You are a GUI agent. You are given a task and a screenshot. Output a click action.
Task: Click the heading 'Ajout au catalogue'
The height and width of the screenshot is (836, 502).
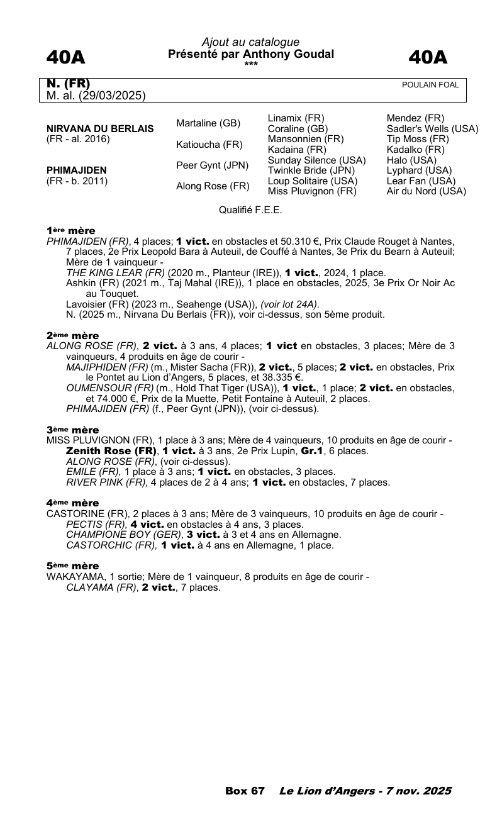click(250, 42)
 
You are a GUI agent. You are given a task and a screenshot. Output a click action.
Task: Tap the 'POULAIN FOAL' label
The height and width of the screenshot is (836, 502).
click(430, 85)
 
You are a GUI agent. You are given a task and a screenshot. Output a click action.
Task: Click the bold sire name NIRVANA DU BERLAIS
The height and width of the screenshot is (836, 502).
click(100, 129)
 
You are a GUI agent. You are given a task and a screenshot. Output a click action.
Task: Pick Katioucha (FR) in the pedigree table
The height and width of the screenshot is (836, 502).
click(209, 145)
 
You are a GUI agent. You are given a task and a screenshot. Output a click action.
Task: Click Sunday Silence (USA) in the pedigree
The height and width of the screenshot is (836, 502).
click(316, 160)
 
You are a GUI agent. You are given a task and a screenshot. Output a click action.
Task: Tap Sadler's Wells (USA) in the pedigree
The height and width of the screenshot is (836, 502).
click(432, 129)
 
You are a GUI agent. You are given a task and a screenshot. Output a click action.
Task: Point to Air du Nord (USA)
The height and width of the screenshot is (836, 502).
click(426, 191)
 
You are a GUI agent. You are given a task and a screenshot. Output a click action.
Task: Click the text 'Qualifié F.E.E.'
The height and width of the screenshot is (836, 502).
click(250, 210)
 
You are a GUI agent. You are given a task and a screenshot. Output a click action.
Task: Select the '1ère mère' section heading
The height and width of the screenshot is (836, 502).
click(70, 231)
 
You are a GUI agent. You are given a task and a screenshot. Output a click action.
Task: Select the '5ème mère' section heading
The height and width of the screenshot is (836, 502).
click(72, 566)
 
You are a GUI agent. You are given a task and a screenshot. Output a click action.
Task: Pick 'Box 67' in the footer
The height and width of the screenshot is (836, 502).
click(245, 791)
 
